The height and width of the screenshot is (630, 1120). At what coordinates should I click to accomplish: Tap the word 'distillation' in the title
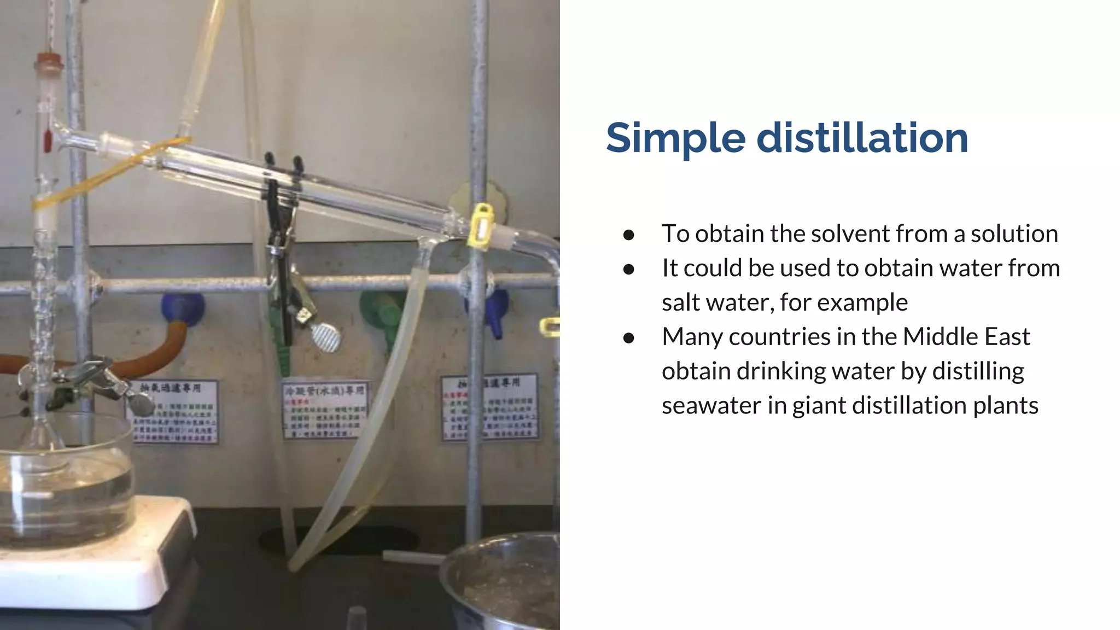[862, 138]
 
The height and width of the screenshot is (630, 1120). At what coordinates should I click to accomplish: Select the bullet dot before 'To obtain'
[628, 235]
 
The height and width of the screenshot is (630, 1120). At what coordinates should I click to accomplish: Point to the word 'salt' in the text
[680, 302]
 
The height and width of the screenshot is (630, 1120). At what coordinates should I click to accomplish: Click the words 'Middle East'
[966, 337]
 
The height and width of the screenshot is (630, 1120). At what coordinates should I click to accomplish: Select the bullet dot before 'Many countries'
[628, 338]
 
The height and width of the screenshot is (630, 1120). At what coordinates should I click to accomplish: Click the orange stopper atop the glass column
[49, 61]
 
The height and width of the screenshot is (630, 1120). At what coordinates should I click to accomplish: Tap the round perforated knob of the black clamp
[326, 336]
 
